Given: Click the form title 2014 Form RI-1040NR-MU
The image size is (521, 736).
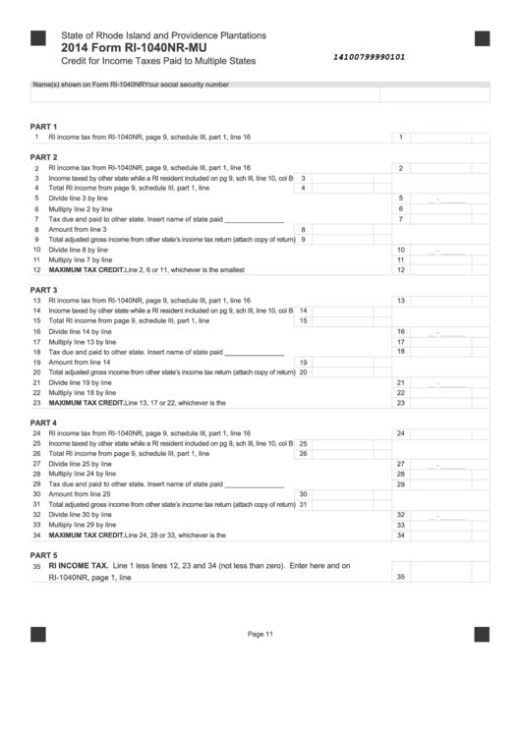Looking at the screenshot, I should (x=135, y=46).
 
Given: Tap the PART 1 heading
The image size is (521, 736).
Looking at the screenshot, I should (x=44, y=127).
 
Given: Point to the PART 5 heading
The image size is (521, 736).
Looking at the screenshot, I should (x=44, y=554).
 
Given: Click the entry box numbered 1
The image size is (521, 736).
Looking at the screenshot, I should (x=401, y=138).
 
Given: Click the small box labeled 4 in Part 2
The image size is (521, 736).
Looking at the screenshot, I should (x=303, y=188).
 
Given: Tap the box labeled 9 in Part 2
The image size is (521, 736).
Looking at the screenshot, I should (x=303, y=239).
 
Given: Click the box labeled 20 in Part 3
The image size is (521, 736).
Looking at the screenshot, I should (x=303, y=372).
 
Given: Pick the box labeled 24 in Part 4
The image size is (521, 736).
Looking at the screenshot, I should (x=401, y=432).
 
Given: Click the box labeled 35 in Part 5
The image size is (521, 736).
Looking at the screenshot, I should (x=401, y=577).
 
